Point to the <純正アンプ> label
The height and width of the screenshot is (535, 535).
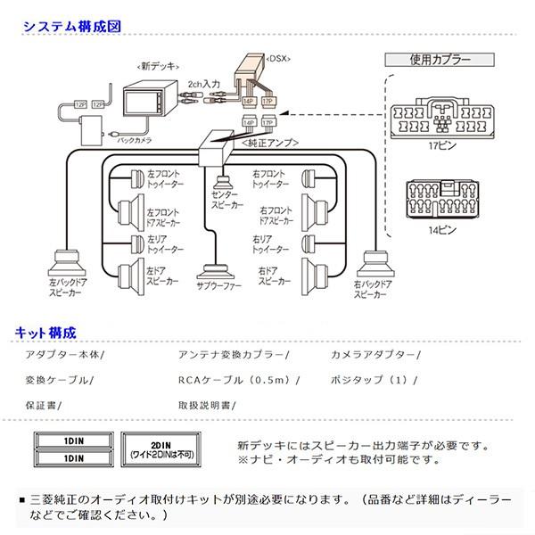[265, 140]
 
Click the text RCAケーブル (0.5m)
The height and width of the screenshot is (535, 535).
[238, 379]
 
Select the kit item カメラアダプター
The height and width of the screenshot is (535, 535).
[368, 354]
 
